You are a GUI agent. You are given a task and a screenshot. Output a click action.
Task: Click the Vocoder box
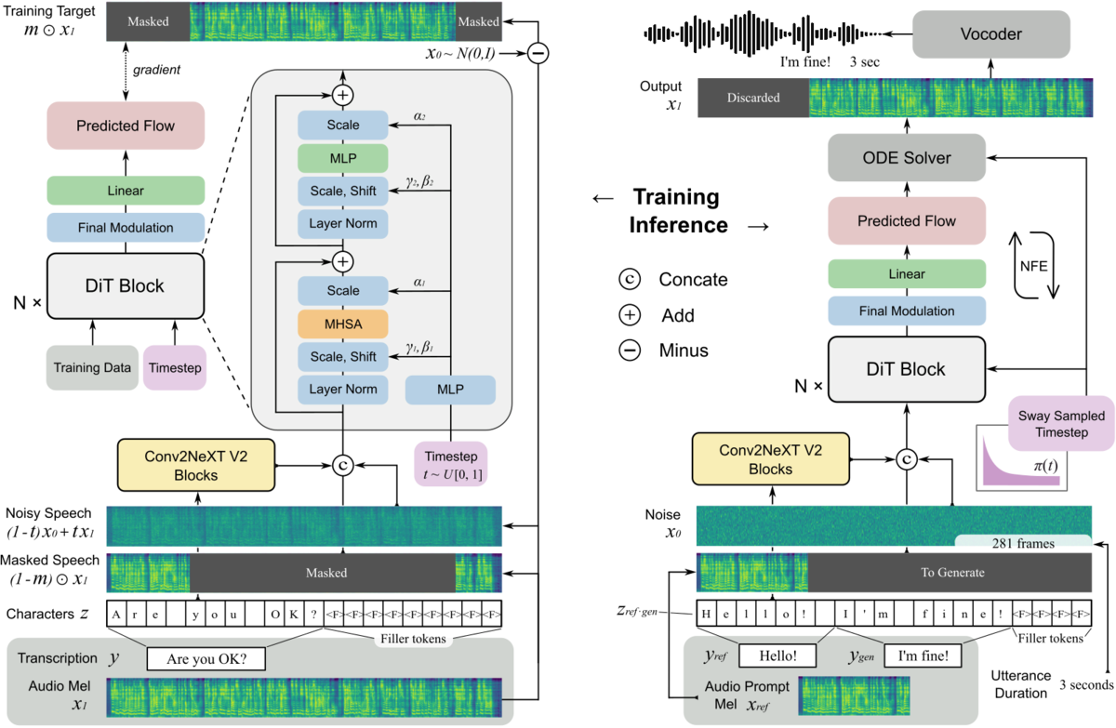pos(991,33)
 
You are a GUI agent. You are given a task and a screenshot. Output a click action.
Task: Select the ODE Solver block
pos(907,158)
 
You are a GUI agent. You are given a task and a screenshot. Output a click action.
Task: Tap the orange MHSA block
pos(343,324)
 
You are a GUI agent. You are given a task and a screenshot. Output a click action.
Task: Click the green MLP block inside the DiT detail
pos(343,158)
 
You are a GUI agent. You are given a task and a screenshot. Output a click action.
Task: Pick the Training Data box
pos(92,367)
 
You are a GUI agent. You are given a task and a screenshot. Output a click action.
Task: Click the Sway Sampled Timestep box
pos(1061,424)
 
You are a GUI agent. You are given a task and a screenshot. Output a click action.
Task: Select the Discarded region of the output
pos(753,98)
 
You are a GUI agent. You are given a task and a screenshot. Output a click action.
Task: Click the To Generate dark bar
pos(950,573)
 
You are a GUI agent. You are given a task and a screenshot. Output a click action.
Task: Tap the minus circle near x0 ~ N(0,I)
pos(538,53)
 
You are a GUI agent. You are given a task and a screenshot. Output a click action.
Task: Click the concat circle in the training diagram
pos(343,466)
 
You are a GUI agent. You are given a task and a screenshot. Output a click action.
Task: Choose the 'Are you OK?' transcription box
pos(206,659)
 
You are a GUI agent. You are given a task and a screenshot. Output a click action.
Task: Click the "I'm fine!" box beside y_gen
pos(923,655)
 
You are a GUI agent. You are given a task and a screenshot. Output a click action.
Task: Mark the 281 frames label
pos(1023,542)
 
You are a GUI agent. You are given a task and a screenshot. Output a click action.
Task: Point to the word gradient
pos(156,70)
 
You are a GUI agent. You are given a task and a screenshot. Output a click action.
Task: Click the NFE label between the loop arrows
pos(1034,267)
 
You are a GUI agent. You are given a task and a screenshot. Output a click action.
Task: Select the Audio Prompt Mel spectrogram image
pos(854,695)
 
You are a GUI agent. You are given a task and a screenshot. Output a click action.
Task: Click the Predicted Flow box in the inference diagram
pos(907,220)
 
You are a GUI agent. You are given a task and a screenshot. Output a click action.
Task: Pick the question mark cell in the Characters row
pos(314,614)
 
